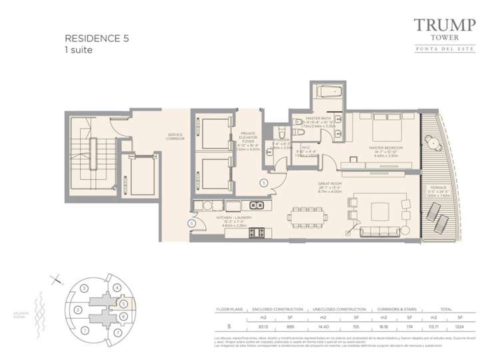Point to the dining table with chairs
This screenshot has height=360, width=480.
pos(309,216)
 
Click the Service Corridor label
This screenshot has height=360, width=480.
pos(175,136)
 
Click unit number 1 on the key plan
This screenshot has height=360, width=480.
pos(84,329)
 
